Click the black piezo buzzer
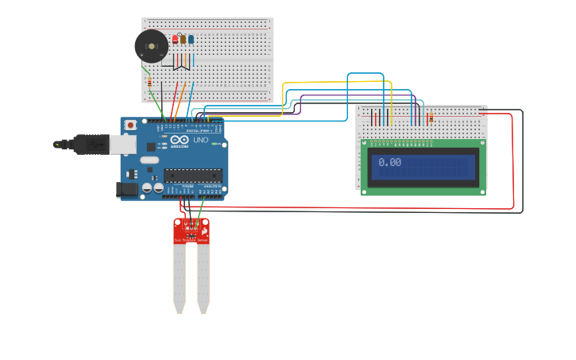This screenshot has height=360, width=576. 151,46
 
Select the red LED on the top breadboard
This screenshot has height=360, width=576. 175,38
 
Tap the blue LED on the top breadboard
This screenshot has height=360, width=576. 191,38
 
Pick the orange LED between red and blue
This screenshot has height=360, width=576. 183,38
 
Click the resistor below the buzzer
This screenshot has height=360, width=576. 149,82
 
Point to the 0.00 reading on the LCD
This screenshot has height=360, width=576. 389,162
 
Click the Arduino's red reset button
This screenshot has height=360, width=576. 130,126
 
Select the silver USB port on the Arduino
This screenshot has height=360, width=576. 122,143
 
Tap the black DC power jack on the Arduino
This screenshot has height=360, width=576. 126,189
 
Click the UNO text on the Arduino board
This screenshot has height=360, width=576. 200,141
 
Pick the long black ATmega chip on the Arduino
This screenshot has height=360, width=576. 192,176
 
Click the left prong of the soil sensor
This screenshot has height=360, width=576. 180,278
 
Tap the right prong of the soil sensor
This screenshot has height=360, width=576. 204,278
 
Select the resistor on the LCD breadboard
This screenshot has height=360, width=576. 431,118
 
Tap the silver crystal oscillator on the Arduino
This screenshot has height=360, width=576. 149,160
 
